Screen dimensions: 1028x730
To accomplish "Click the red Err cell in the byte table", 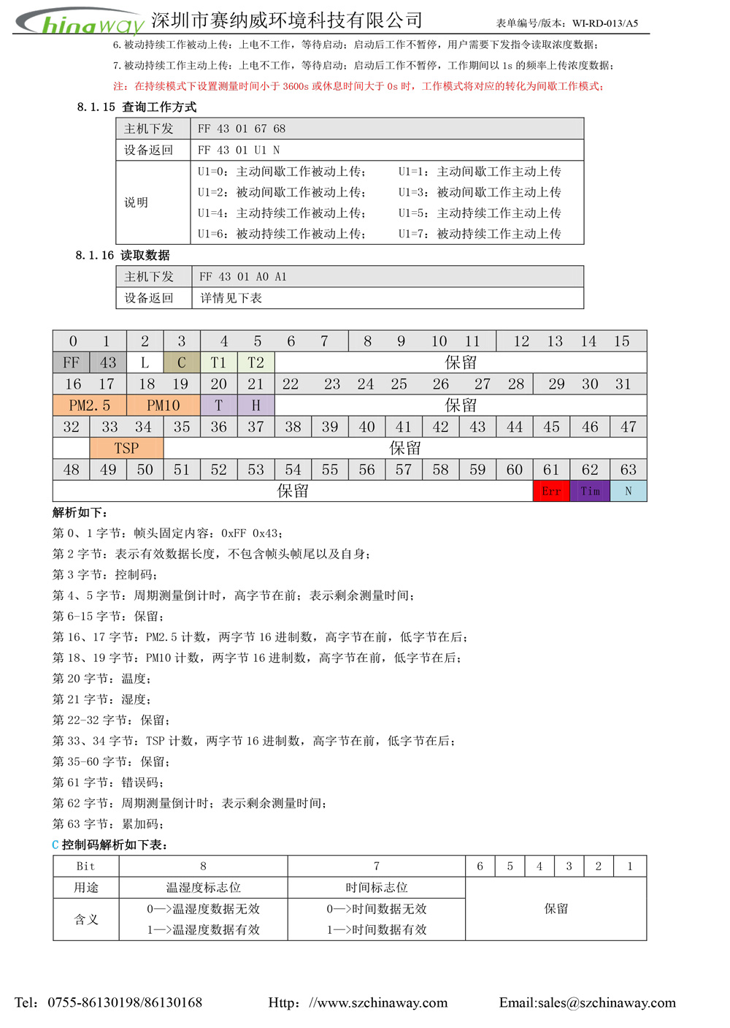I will [x=551, y=491].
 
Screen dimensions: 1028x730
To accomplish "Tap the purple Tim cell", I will [x=590, y=491].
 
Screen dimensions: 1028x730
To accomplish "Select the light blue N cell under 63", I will [x=628, y=491].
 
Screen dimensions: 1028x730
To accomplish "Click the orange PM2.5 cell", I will [x=89, y=406].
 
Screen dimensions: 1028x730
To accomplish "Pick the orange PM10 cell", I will [x=163, y=406].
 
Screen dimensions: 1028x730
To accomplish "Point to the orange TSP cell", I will [x=126, y=448].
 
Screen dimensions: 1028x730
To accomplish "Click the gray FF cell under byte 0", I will [x=71, y=362].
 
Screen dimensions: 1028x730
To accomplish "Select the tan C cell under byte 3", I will [x=182, y=362].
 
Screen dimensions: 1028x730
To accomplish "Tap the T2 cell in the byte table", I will [x=255, y=362].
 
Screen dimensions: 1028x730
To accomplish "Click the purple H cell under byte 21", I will [x=255, y=406].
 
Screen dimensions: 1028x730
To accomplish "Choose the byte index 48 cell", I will [x=71, y=470].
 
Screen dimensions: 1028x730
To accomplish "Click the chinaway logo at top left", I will [x=80, y=22].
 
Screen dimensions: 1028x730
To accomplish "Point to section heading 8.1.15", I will [x=137, y=107].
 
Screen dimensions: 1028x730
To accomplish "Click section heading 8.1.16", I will [x=123, y=255].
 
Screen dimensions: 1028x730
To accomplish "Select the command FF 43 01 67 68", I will [x=242, y=129].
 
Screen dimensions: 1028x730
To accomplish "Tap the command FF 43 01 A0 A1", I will [x=243, y=277].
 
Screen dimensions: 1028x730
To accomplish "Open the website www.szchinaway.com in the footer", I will [x=378, y=1002].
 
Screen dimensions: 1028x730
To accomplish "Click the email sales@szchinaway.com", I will [x=607, y=1002].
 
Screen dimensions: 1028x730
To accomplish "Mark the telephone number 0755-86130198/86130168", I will [x=125, y=1002].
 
